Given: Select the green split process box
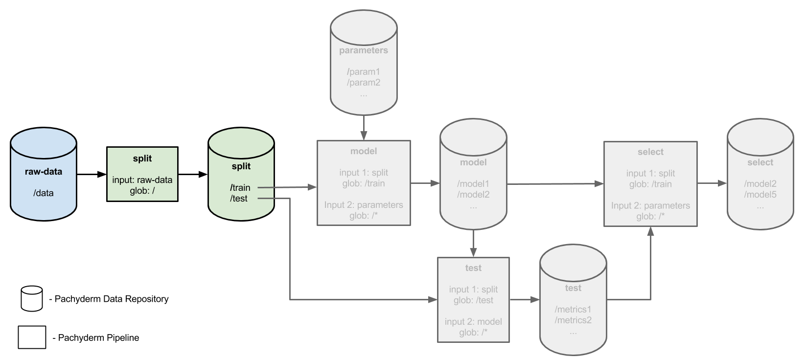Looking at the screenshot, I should coord(142,174).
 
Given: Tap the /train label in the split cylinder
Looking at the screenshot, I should coord(240,187).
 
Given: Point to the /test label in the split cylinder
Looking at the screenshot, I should coord(239,198).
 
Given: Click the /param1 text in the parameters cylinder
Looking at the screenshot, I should coord(364,71).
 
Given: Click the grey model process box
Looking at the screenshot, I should coord(364,182).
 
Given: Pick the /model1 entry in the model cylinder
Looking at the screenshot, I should coord(473,183).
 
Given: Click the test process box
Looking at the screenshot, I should coord(473,299).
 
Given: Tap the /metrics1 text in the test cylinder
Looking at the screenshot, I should coord(573,309).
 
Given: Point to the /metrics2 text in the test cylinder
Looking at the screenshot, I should coord(573,320).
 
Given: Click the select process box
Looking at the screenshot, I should coord(650,184).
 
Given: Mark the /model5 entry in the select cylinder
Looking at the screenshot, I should coord(760,195).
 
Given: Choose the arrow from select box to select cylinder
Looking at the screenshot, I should coord(712,183).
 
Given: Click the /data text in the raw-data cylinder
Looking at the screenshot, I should coord(44,193).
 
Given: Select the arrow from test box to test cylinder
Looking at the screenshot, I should coord(525,299).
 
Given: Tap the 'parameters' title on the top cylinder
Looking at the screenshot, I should coord(364,50).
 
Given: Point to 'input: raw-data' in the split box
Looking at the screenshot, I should coord(142,180).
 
